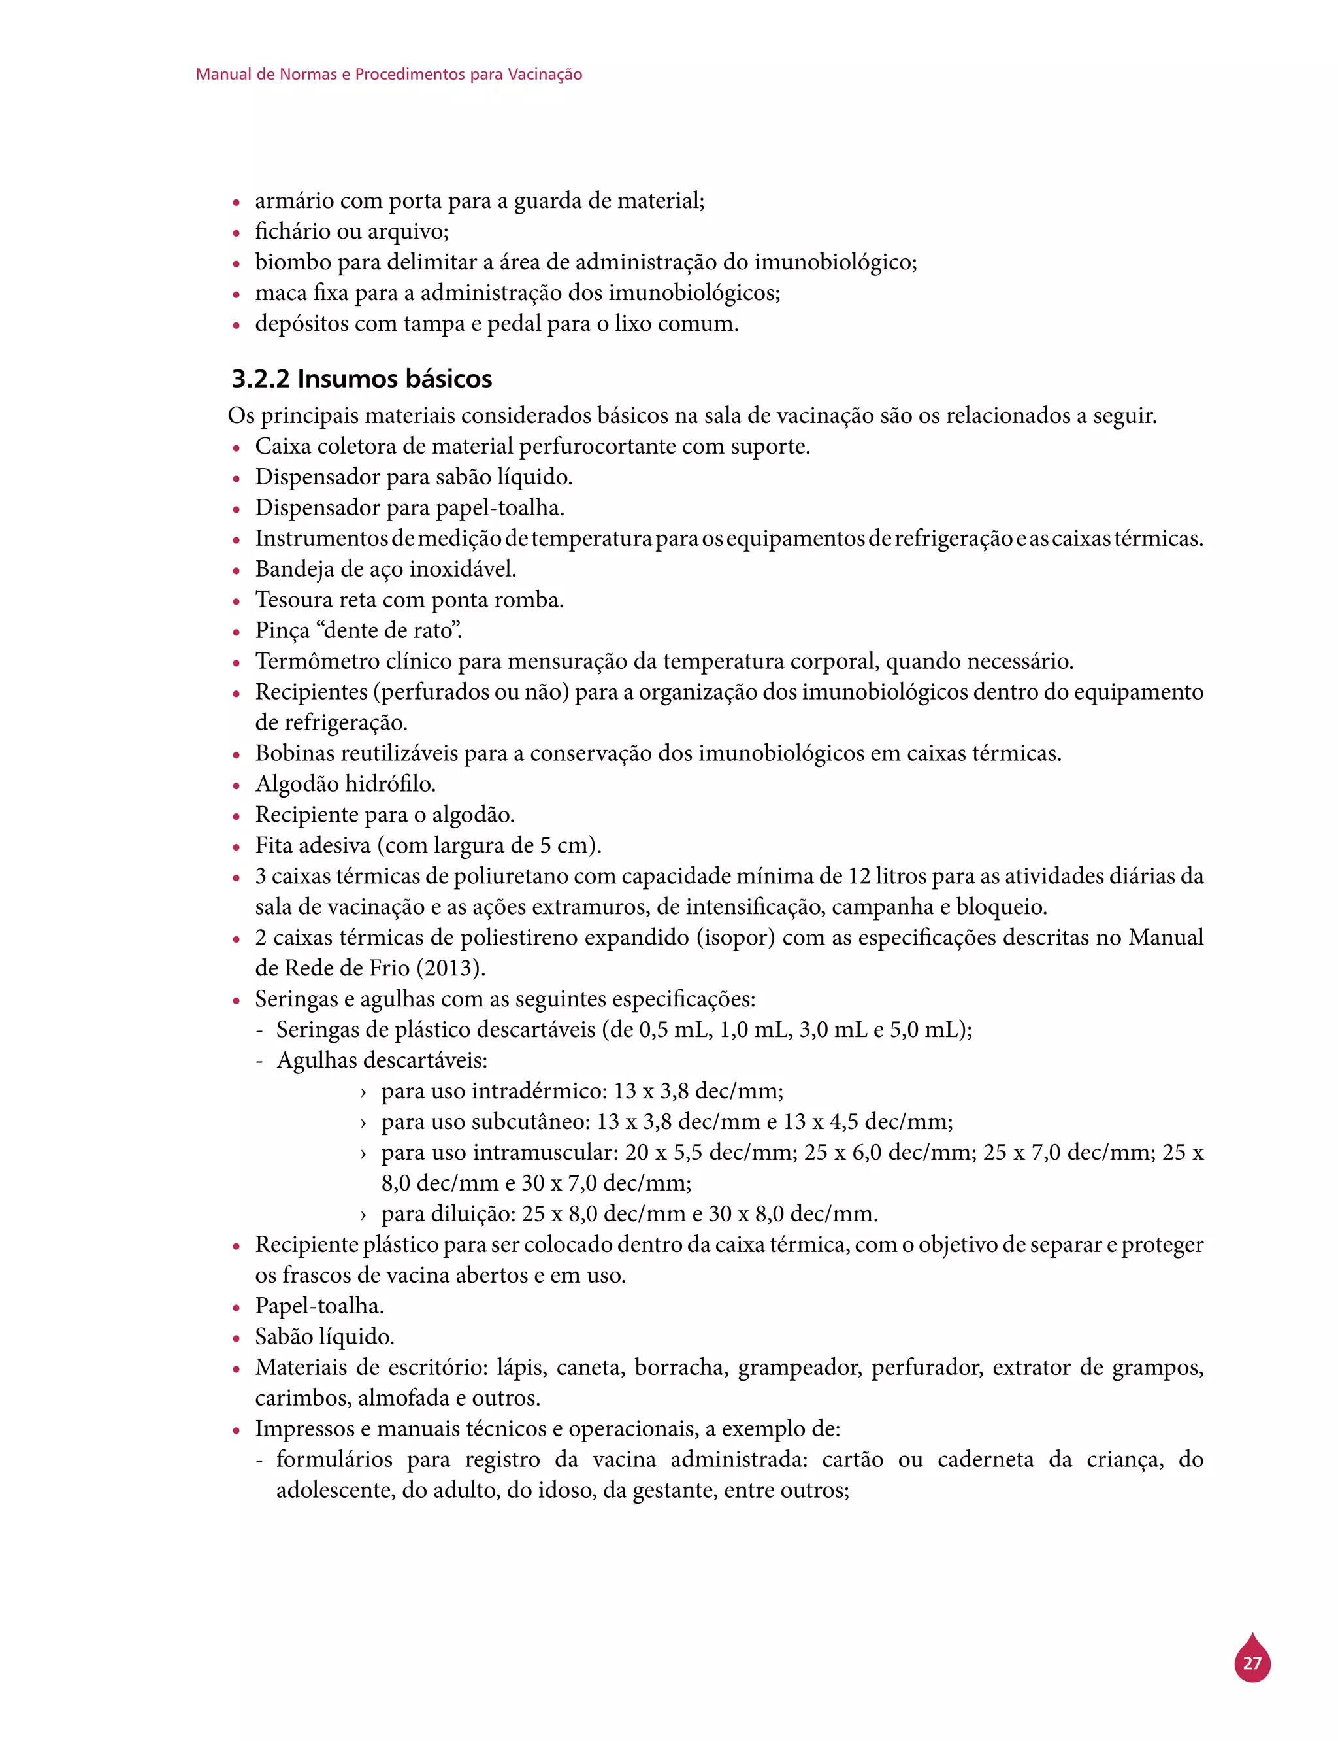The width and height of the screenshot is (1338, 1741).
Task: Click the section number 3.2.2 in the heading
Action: tap(261, 379)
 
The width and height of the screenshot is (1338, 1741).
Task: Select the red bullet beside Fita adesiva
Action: tap(237, 847)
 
